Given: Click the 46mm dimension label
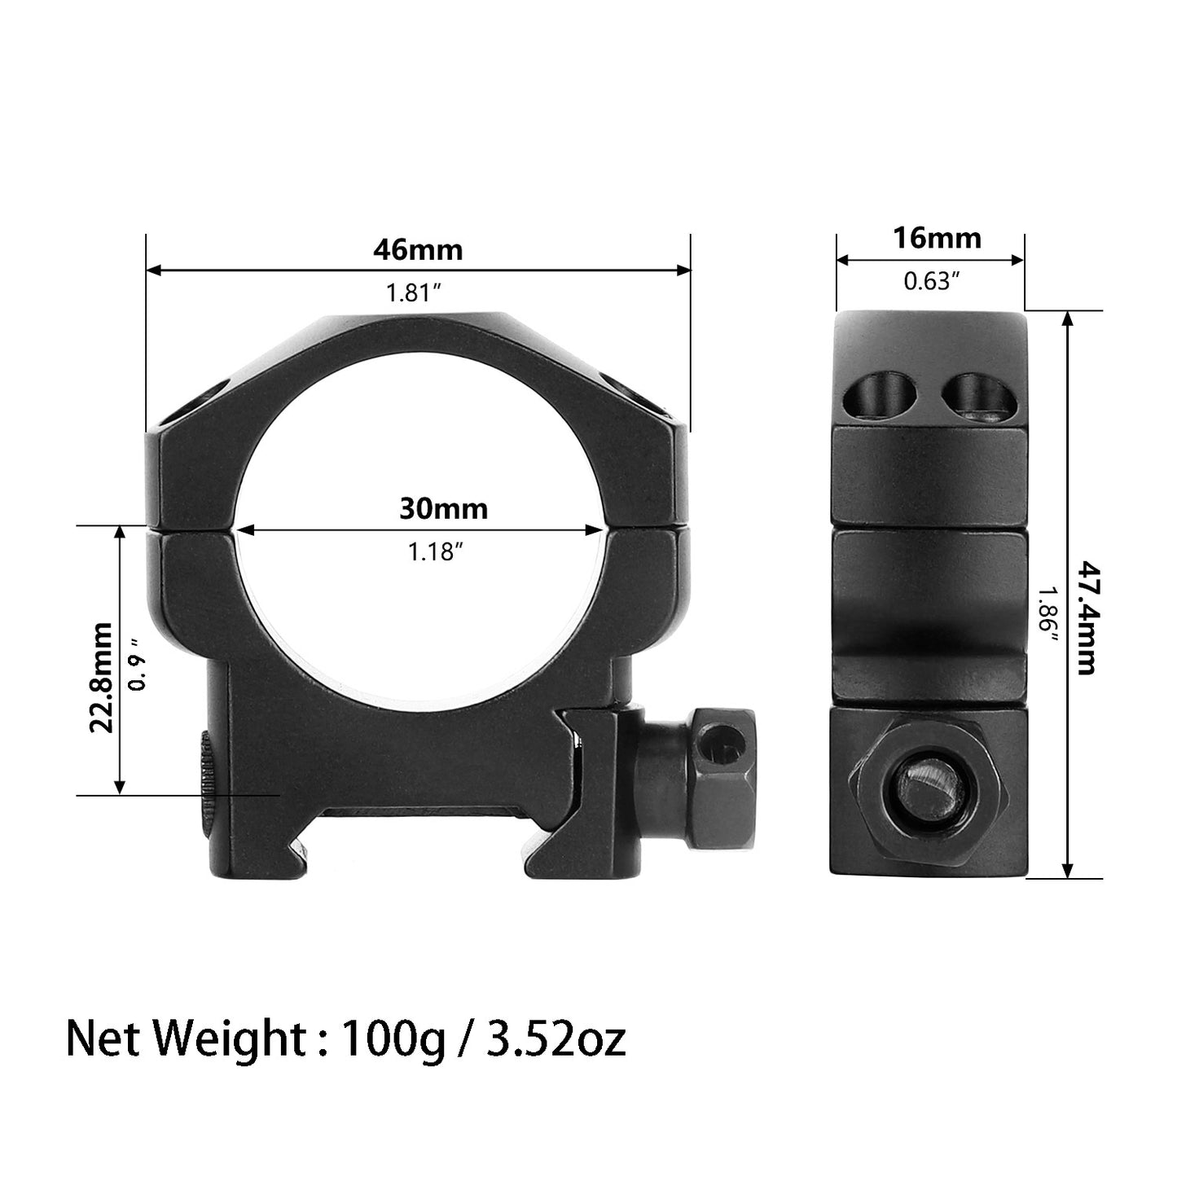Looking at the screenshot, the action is (418, 249).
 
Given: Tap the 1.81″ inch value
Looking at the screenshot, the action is (414, 293).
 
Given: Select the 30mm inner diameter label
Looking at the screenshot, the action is (443, 509).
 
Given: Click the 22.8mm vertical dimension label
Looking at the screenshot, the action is (101, 678).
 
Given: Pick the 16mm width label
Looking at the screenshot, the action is (937, 238).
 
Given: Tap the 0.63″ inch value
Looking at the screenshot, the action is (932, 281).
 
